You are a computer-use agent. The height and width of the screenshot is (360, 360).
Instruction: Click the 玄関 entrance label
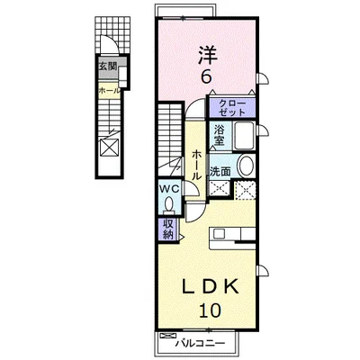click(x=108, y=67)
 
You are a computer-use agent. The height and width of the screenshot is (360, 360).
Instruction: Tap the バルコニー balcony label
click(x=200, y=343)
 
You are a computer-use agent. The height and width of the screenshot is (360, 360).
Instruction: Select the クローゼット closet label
click(x=232, y=108)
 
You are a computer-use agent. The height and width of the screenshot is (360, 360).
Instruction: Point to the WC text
click(x=169, y=189)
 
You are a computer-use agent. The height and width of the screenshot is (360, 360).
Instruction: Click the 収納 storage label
click(x=168, y=229)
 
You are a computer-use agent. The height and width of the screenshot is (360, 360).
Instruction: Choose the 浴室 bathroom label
click(x=219, y=135)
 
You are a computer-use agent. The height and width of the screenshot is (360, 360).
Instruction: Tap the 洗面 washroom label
click(x=220, y=172)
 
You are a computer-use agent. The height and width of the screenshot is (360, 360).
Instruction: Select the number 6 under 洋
click(x=206, y=77)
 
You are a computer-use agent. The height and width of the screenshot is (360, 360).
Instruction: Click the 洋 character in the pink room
click(x=208, y=55)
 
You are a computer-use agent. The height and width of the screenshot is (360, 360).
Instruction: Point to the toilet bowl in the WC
click(x=169, y=204)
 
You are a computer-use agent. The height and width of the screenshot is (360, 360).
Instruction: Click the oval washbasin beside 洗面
click(x=245, y=166)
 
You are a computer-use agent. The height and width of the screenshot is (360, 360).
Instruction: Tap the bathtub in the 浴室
click(x=244, y=136)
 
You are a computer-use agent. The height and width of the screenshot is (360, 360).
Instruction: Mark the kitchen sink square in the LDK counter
click(x=219, y=233)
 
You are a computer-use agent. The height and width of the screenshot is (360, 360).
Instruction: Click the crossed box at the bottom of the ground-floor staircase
click(x=109, y=148)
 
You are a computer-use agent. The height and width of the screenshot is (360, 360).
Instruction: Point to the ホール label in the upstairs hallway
click(x=196, y=166)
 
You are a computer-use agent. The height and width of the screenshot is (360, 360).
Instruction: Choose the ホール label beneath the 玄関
click(x=110, y=90)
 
